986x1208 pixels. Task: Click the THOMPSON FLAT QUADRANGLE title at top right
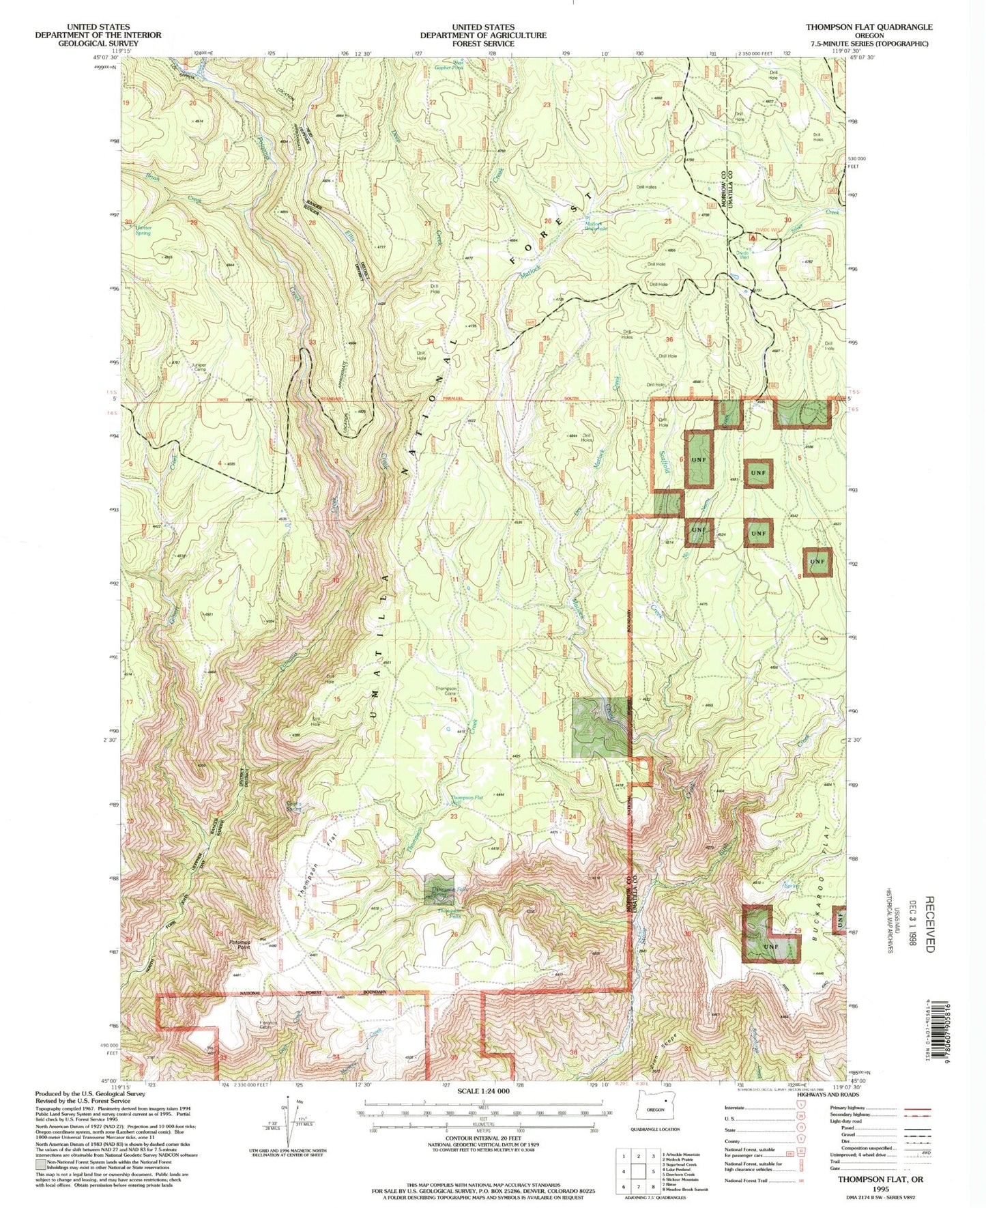869,27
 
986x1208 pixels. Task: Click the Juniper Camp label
199,366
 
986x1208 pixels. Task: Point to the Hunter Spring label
143,230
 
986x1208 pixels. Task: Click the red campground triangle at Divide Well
753,238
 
